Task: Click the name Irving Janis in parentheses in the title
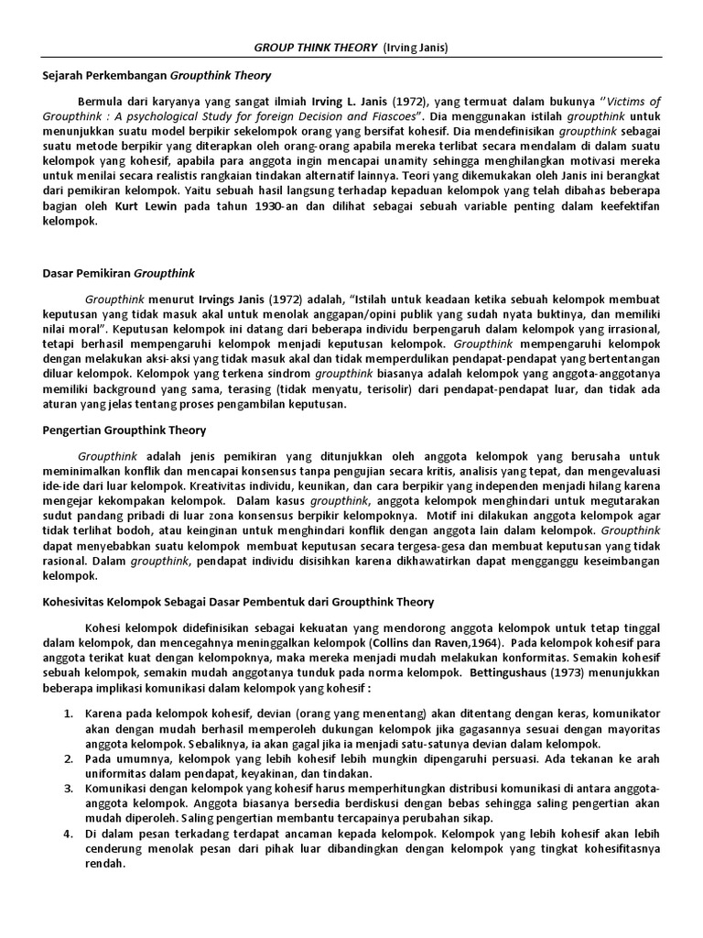click(404, 48)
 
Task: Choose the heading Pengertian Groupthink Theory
click(124, 430)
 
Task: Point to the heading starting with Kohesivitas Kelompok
click(238, 602)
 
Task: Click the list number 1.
click(68, 714)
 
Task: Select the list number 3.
click(68, 788)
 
